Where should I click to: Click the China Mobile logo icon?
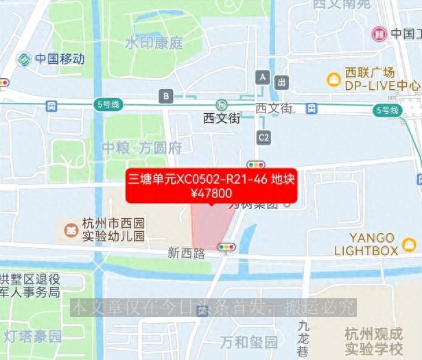tap(25, 59)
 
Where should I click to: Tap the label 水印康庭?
tap(154, 43)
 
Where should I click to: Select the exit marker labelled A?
tap(261, 77)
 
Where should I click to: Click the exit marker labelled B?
tap(165, 96)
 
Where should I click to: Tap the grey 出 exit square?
tap(281, 82)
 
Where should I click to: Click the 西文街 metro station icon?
tap(221, 105)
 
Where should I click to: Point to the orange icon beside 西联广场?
tap(333, 80)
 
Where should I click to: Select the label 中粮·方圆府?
tap(141, 147)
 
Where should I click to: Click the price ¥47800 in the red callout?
tap(211, 193)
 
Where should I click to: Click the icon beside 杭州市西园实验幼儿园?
tap(69, 228)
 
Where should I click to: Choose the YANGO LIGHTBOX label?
tap(366, 244)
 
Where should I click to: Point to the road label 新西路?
tap(187, 253)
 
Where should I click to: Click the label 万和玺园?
tap(248, 341)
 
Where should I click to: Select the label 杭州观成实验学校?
tap(374, 342)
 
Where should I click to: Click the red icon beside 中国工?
tap(379, 34)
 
